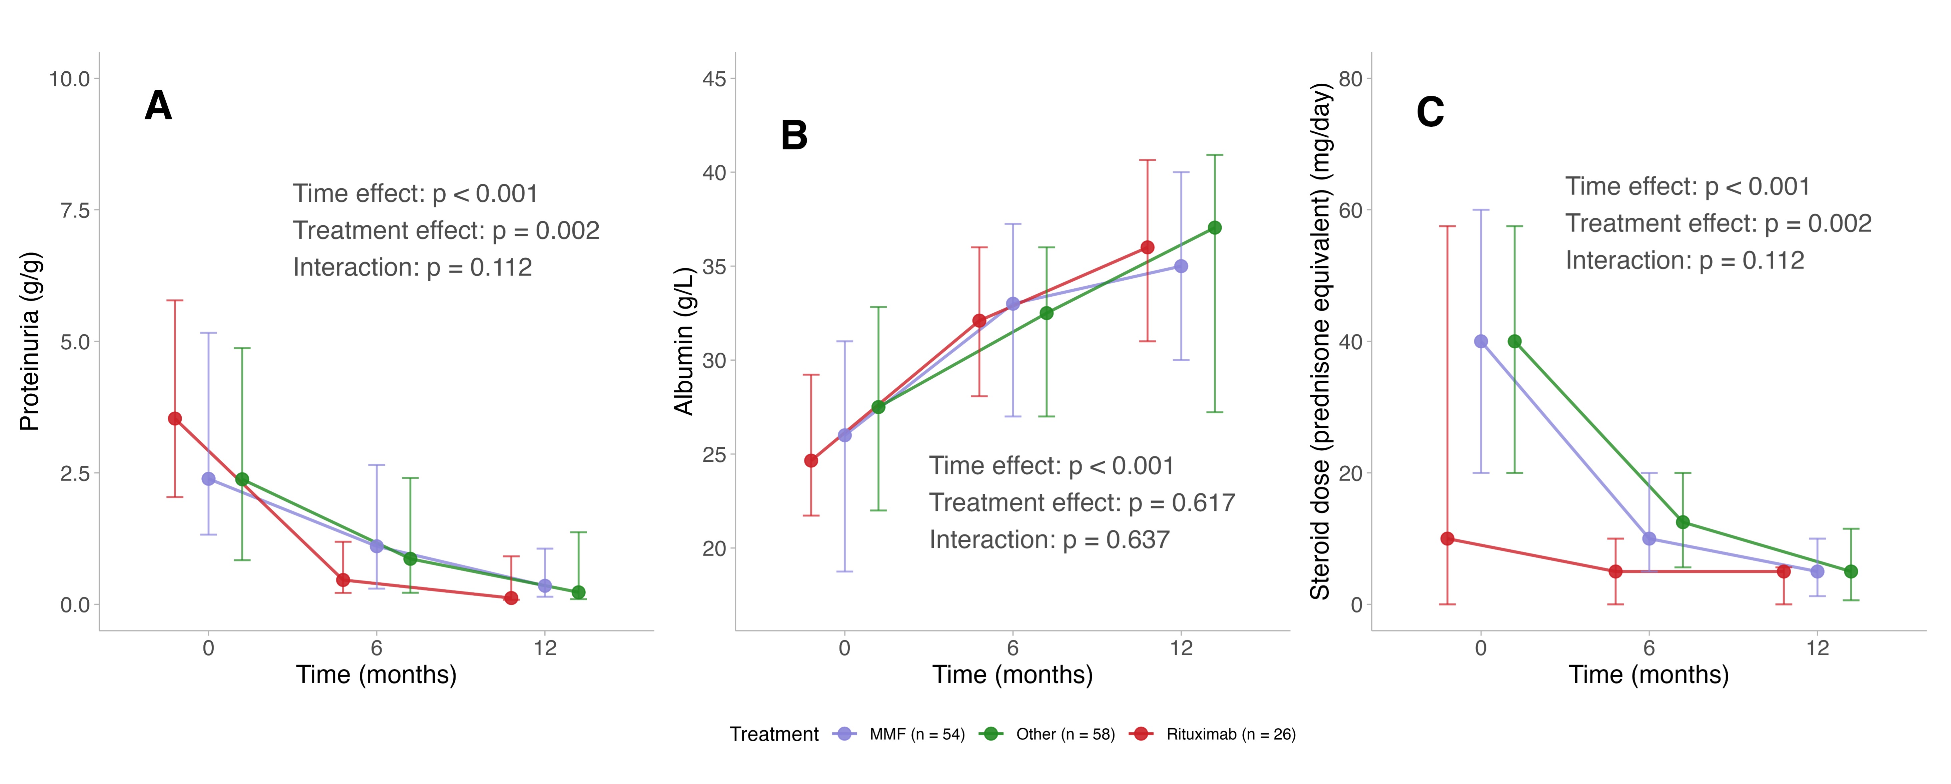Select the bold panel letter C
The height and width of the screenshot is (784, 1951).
pyautogui.click(x=1430, y=112)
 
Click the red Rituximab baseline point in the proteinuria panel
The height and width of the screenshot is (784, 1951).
pyautogui.click(x=175, y=419)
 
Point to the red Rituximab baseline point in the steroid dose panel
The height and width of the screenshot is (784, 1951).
pyautogui.click(x=1447, y=538)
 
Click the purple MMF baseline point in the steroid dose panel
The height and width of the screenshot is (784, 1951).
pyautogui.click(x=1481, y=342)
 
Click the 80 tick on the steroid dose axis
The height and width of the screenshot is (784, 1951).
pyautogui.click(x=1350, y=79)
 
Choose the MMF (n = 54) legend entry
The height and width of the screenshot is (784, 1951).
pyautogui.click(x=916, y=734)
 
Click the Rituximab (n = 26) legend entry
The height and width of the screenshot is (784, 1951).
pyautogui.click(x=1230, y=734)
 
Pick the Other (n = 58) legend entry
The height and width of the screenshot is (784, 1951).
pyautogui.click(x=1065, y=734)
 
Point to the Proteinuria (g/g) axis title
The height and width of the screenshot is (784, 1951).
pyautogui.click(x=30, y=342)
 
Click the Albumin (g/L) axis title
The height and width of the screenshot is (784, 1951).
pyautogui.click(x=684, y=342)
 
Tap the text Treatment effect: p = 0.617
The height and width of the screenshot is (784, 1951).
pyautogui.click(x=1082, y=503)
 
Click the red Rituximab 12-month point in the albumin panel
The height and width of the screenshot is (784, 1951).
pyautogui.click(x=1148, y=248)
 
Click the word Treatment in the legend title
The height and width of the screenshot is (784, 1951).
pyautogui.click(x=774, y=734)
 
